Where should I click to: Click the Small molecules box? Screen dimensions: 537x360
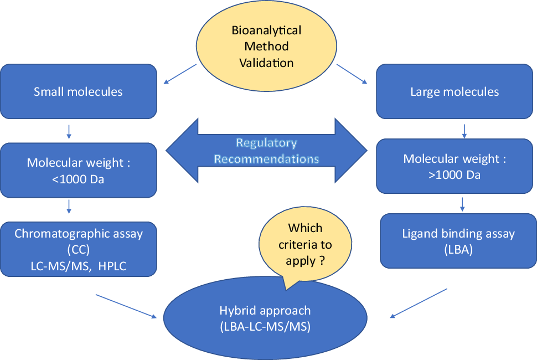click(x=79, y=91)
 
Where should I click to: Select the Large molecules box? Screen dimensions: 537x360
click(x=455, y=91)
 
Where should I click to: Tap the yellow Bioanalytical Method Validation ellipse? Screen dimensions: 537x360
click(x=266, y=46)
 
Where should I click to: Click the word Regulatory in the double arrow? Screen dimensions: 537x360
click(x=266, y=142)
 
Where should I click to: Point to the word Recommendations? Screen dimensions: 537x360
click(x=266, y=159)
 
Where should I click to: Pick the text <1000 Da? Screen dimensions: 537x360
click(x=78, y=179)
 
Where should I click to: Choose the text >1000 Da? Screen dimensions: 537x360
click(x=455, y=175)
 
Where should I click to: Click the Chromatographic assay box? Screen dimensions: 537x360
click(x=79, y=249)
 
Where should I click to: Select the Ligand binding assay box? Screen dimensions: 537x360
click(x=458, y=241)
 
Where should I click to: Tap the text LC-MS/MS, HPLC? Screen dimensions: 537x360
click(x=79, y=266)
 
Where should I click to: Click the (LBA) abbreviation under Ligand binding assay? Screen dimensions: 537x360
click(x=458, y=250)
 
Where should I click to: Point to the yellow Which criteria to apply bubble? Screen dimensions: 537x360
click(x=305, y=245)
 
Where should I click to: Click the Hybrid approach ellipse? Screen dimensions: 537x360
click(x=265, y=318)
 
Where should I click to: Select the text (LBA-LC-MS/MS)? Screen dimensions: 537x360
click(x=265, y=326)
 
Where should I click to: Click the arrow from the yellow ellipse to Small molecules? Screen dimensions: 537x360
click(x=180, y=74)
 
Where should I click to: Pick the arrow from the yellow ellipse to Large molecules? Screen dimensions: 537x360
click(x=352, y=74)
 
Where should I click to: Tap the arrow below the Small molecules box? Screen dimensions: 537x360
click(x=69, y=131)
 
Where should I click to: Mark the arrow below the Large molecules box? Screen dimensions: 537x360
click(x=464, y=131)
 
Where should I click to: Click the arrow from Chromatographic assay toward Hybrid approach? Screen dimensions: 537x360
click(x=126, y=306)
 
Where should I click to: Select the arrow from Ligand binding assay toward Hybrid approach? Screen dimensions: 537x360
click(x=419, y=303)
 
